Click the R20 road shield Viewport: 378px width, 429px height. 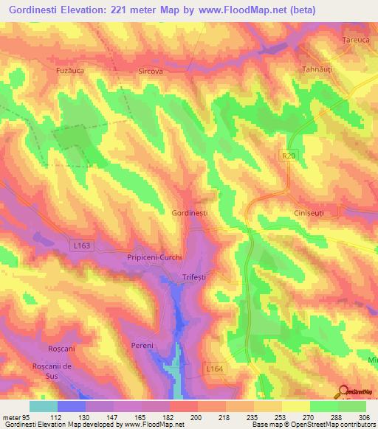point(287,156)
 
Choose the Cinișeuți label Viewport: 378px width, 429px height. point(303,212)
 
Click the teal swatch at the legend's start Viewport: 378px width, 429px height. point(44,406)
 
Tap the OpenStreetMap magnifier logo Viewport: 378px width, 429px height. point(344,391)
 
